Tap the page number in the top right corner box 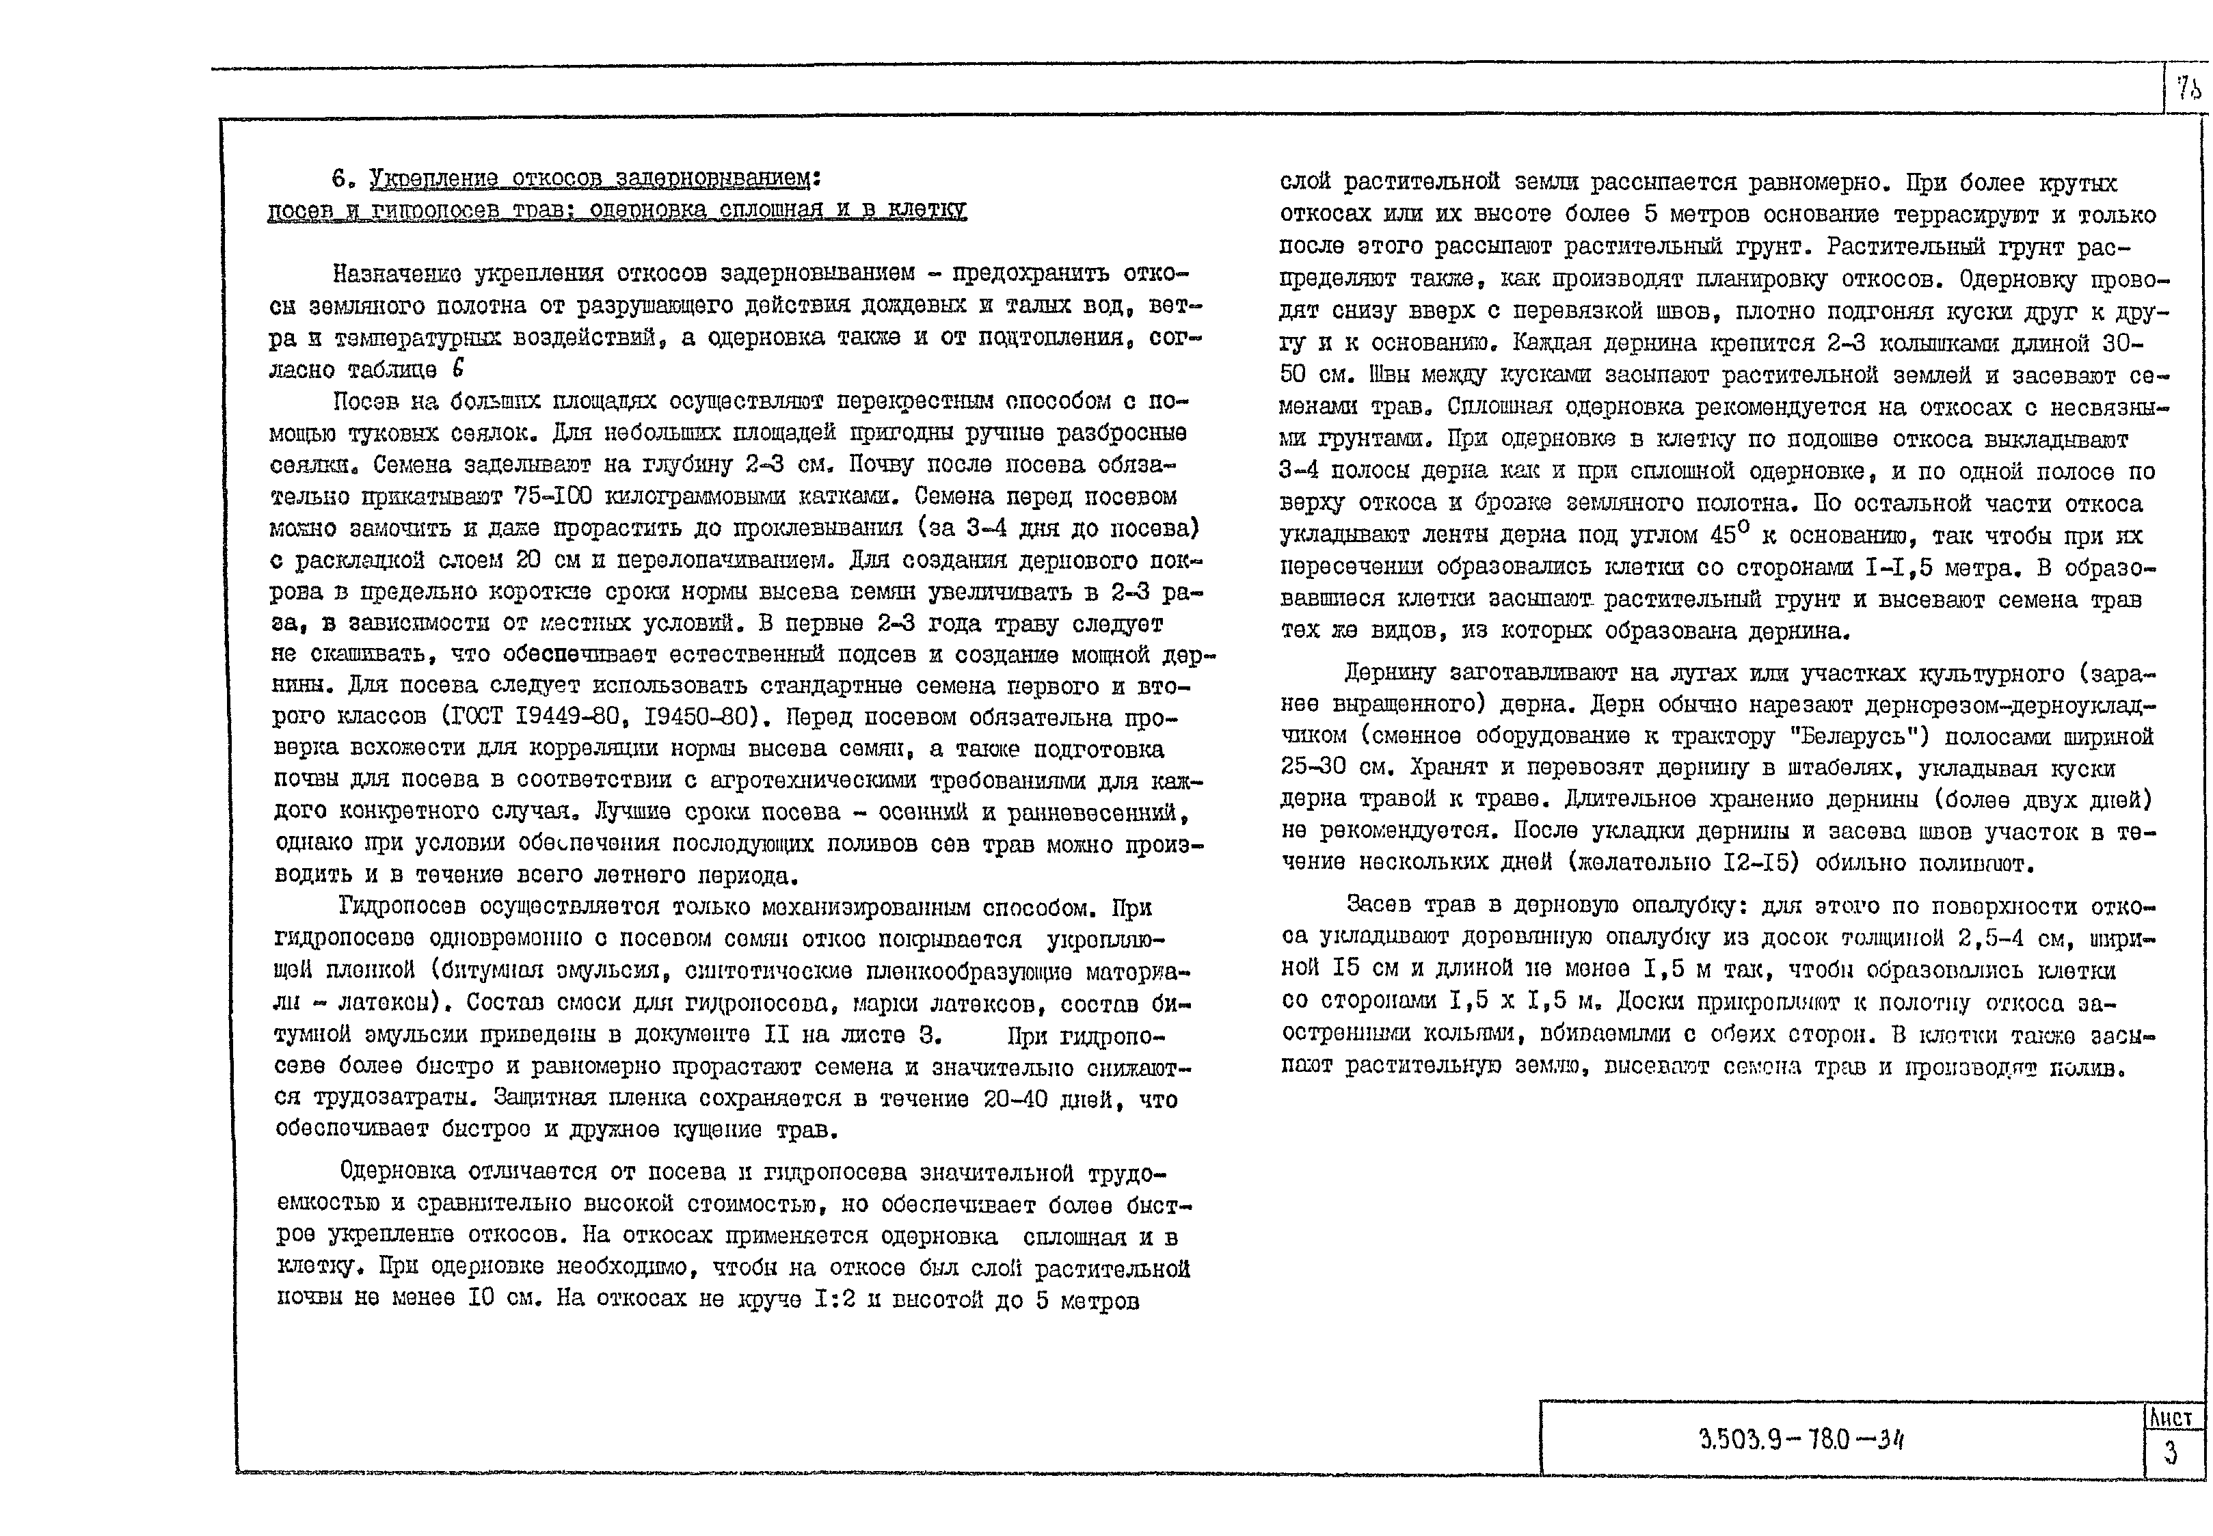point(2187,90)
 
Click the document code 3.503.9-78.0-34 point(1801,1440)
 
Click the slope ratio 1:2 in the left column point(835,1300)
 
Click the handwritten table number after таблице point(457,368)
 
